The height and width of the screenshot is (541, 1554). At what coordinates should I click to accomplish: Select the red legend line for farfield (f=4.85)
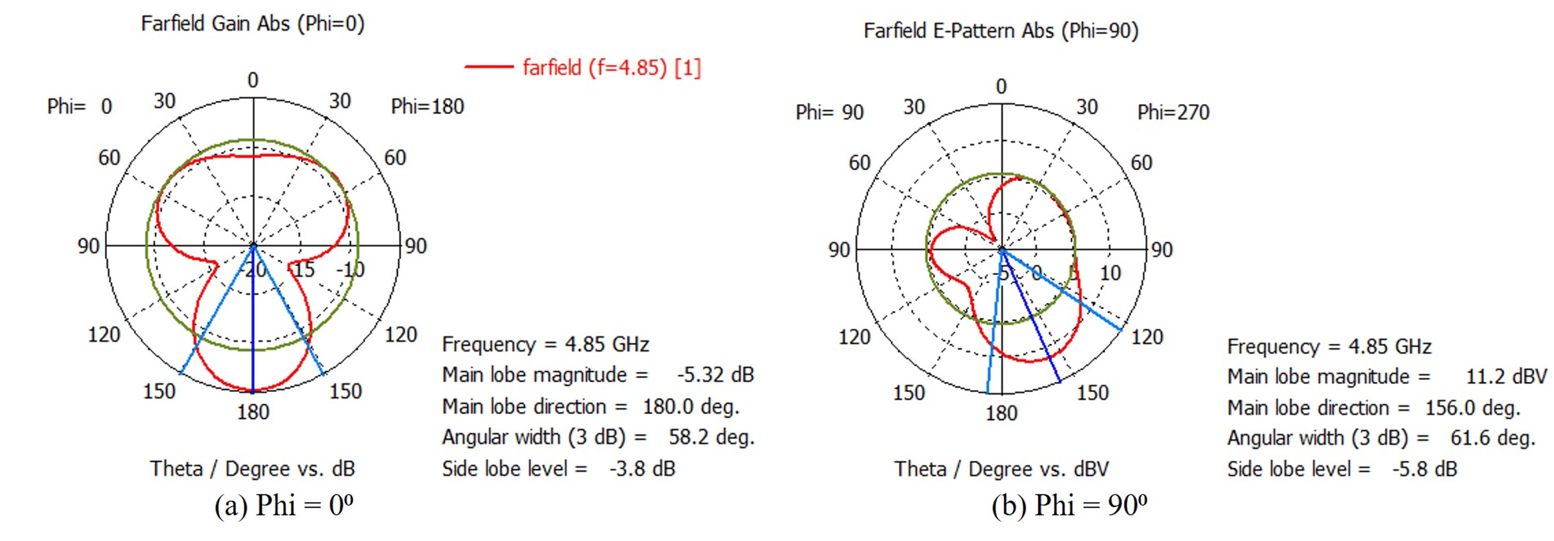(488, 67)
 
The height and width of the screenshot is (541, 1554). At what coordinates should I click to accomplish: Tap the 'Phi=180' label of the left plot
(427, 107)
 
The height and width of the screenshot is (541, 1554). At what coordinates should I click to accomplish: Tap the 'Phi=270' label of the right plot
(1173, 113)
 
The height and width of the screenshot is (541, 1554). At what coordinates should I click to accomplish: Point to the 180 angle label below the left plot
(253, 413)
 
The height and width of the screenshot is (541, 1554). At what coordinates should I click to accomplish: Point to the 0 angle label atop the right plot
(1001, 87)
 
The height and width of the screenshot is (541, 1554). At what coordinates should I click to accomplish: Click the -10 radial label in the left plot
(351, 270)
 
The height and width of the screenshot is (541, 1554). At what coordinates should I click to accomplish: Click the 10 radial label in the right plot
(1110, 274)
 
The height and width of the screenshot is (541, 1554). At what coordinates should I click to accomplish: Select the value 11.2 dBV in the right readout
(1506, 377)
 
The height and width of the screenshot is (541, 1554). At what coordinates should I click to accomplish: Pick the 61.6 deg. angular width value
(1493, 438)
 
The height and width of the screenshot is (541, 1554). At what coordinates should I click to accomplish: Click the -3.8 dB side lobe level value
(642, 469)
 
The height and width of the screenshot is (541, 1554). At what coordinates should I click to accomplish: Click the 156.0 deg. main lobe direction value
(1473, 408)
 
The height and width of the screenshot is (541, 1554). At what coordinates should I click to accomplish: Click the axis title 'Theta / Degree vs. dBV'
(1001, 469)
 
